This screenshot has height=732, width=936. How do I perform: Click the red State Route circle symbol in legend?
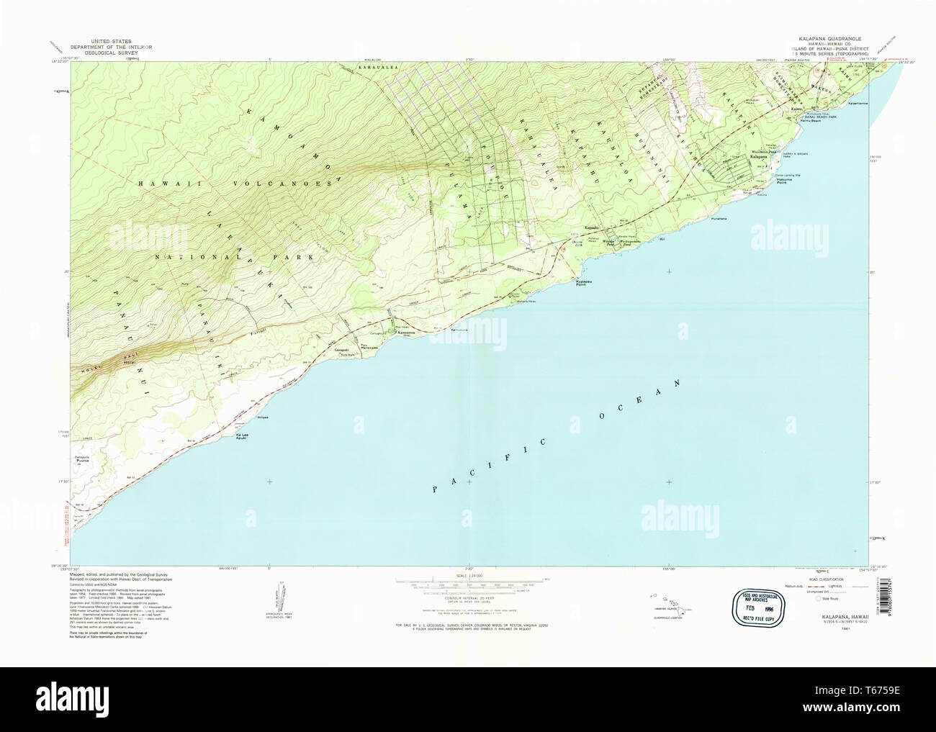[x=817, y=598]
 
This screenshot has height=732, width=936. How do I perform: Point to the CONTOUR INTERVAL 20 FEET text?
[x=468, y=598]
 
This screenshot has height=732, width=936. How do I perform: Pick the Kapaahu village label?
[x=592, y=229]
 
